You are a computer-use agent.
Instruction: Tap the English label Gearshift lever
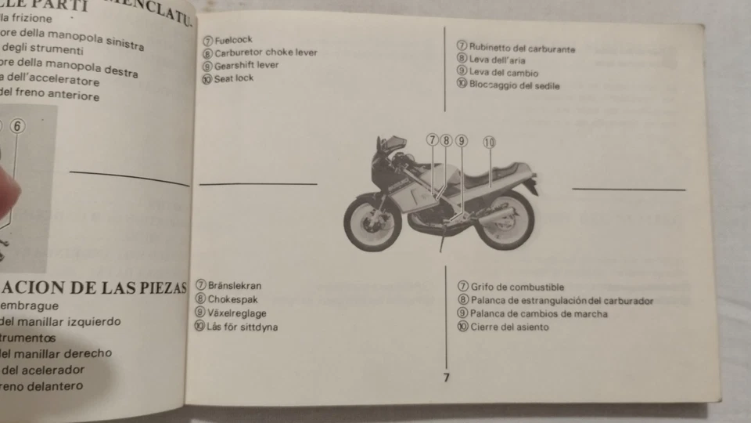(x=246, y=66)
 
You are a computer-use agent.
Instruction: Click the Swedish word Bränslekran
(x=234, y=286)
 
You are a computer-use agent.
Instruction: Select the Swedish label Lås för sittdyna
(x=241, y=327)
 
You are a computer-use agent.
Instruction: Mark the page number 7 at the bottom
(x=446, y=378)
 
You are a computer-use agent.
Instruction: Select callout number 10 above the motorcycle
(x=489, y=142)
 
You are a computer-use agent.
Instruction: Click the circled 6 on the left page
(x=18, y=125)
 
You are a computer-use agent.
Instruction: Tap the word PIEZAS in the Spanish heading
(x=156, y=287)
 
